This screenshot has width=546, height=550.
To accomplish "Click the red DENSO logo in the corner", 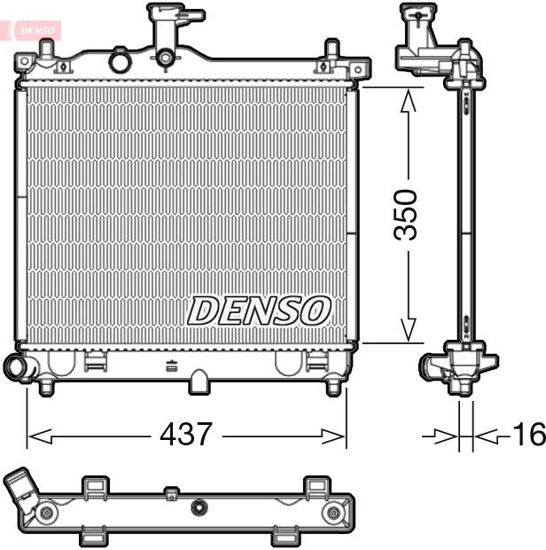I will pos(34,28).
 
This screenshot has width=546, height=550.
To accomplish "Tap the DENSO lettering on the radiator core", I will pos(259,310).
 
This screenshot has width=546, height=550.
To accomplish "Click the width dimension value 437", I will pos(186,435).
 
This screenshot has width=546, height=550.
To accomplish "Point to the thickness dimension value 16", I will pos(527,435).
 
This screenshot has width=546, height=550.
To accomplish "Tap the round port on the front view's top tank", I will pos(118,61).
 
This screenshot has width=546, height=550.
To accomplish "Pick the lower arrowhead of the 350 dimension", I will pos(407,330).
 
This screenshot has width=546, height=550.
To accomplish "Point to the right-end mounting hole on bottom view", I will pos(333,514).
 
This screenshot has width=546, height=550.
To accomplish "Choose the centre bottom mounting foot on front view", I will pos(200,381).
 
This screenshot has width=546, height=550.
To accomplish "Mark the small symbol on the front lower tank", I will pos(172,365).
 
